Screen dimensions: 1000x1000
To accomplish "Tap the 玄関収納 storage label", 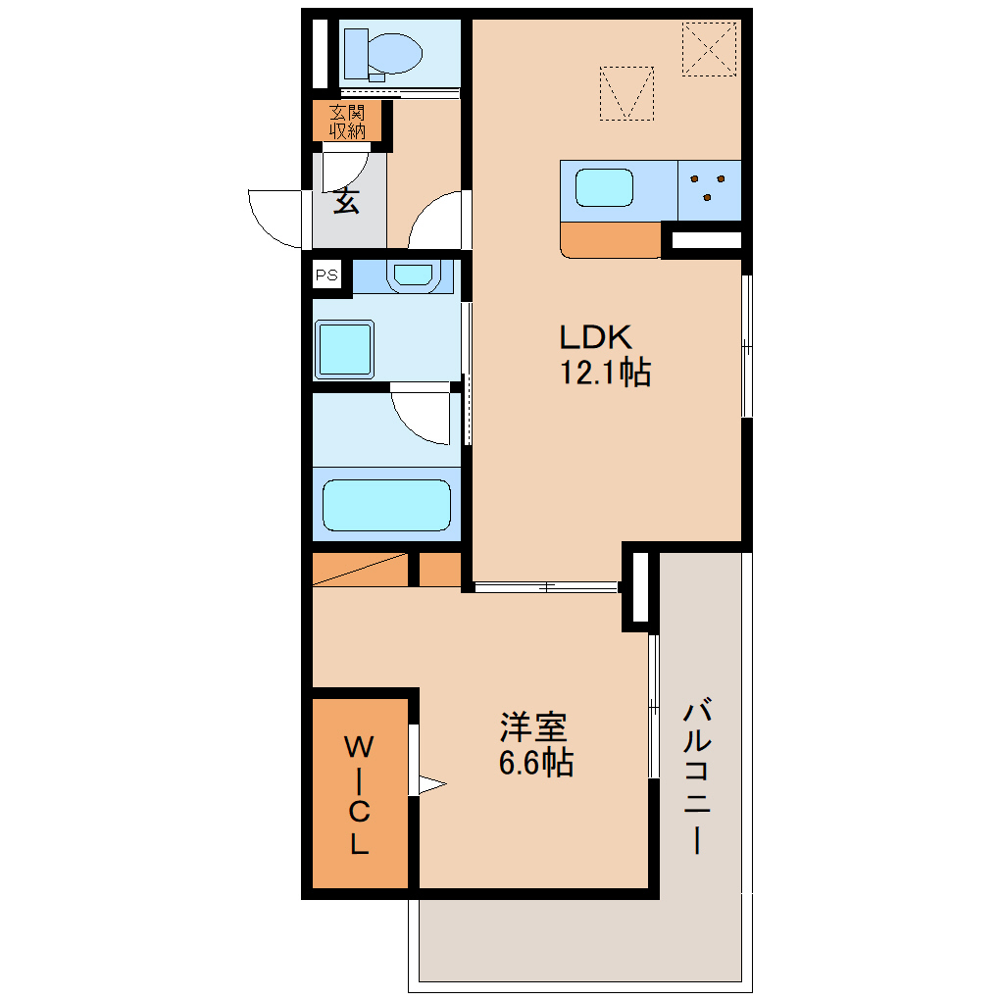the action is (348, 122).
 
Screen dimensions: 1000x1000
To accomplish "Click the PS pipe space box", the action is (327, 275).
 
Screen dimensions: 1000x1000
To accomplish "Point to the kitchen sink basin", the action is (604, 187).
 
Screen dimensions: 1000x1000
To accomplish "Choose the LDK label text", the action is (595, 337).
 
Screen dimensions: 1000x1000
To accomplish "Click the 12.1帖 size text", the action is (605, 373).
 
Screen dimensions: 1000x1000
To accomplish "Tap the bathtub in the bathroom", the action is (386, 505).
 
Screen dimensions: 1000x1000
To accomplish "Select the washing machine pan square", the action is (344, 349).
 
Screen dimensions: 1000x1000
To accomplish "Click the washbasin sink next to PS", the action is (414, 275).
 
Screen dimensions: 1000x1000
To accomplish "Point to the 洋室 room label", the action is (533, 727).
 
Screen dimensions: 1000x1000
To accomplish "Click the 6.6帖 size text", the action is (535, 762).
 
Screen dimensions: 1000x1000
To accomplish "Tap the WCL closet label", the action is (359, 795).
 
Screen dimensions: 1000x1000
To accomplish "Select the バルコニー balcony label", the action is (697, 777).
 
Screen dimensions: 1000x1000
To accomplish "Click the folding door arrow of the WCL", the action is (431, 784).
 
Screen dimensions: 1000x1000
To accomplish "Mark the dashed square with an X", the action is (709, 49).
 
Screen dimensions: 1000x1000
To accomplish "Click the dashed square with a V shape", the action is (626, 93).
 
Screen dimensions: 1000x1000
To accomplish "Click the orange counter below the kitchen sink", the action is (611, 240).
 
